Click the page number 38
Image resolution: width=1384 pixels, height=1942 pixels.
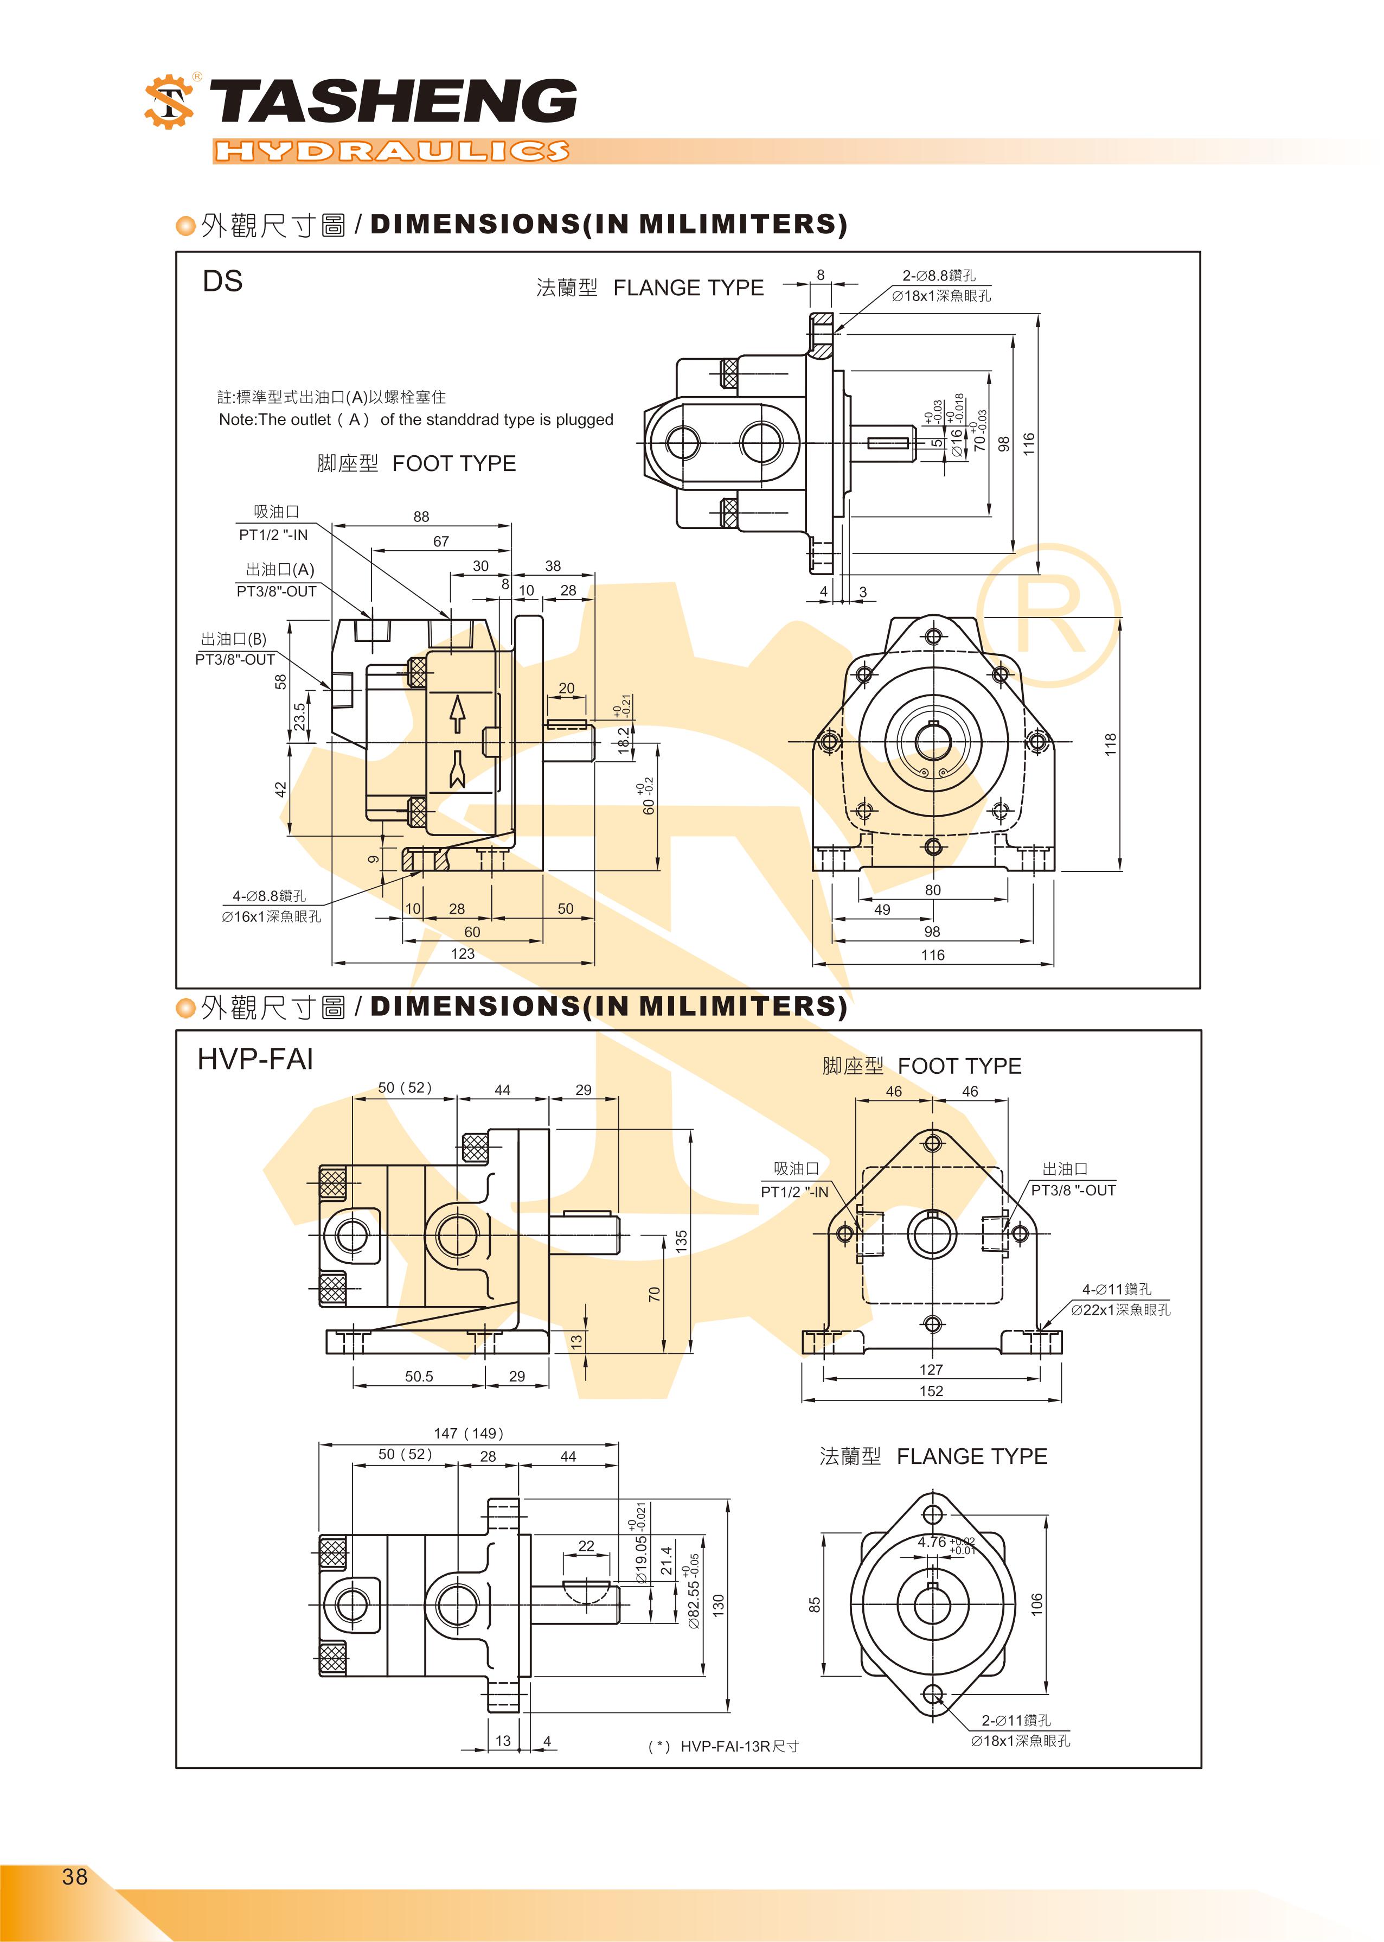click(x=74, y=1876)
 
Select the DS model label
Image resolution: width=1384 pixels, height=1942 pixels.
click(x=222, y=281)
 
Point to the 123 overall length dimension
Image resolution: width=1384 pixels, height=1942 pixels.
click(x=462, y=954)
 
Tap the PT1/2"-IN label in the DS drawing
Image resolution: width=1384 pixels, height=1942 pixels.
click(x=273, y=534)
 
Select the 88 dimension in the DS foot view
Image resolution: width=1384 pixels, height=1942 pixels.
click(x=421, y=517)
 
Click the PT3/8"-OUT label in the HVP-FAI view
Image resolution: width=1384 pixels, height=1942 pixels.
click(x=1073, y=1190)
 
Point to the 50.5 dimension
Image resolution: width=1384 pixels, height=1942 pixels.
click(x=419, y=1376)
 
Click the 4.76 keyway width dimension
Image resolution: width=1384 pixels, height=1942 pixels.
click(x=932, y=1542)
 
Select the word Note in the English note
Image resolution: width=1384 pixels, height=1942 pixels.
click(x=236, y=419)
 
